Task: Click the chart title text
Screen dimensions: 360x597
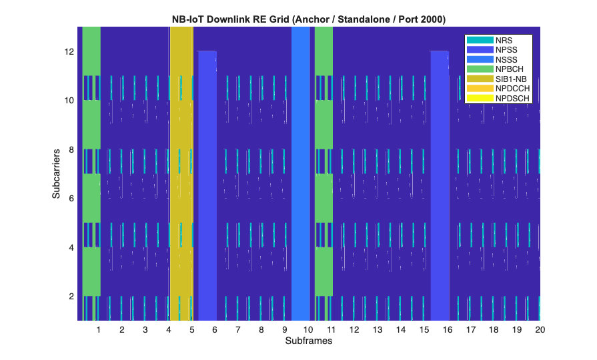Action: click(309, 19)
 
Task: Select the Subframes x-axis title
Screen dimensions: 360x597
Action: click(309, 341)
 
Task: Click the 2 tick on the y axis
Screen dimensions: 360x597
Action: click(71, 296)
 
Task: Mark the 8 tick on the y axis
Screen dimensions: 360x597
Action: click(71, 149)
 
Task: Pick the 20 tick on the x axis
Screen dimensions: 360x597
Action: click(540, 329)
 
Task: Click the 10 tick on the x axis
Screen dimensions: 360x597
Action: click(308, 329)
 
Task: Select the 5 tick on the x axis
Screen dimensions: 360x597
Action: click(191, 329)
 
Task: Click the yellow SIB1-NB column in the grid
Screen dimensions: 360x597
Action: click(181, 173)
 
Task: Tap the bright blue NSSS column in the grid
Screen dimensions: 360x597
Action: click(301, 173)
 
